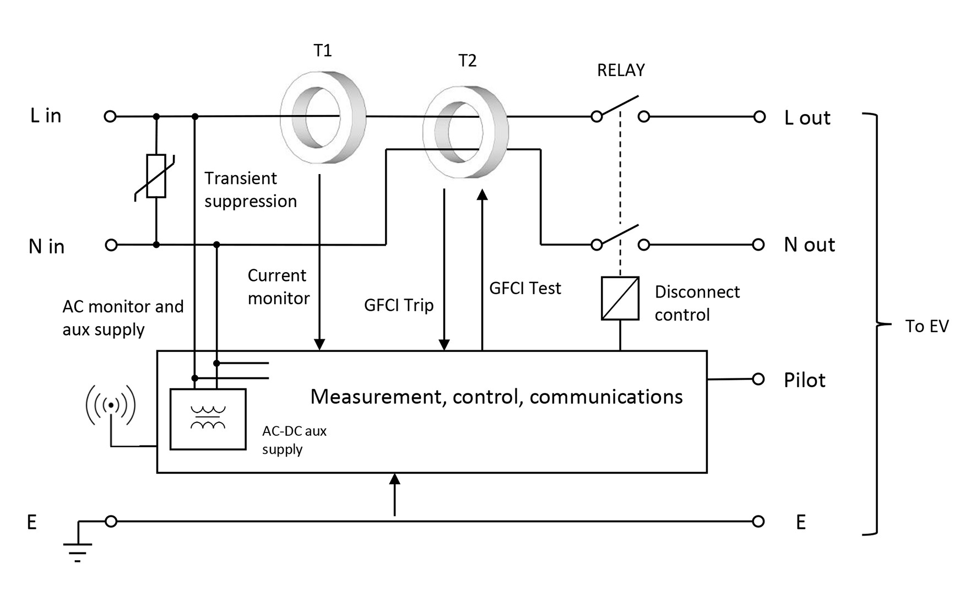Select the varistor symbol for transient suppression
tap(156, 176)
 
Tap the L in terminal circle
tap(110, 116)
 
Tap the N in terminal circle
tap(111, 245)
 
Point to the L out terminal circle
tap(760, 117)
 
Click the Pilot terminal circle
tap(758, 379)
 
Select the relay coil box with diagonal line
tap(620, 299)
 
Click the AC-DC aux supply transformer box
tap(208, 419)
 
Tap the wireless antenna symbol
tap(111, 406)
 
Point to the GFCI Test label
tap(525, 288)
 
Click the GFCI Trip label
tap(399, 305)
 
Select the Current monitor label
tap(278, 287)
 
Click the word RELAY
tap(621, 70)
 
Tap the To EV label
tap(927, 326)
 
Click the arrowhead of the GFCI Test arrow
tap(482, 194)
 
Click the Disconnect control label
tap(697, 303)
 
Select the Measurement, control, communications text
tap(496, 397)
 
